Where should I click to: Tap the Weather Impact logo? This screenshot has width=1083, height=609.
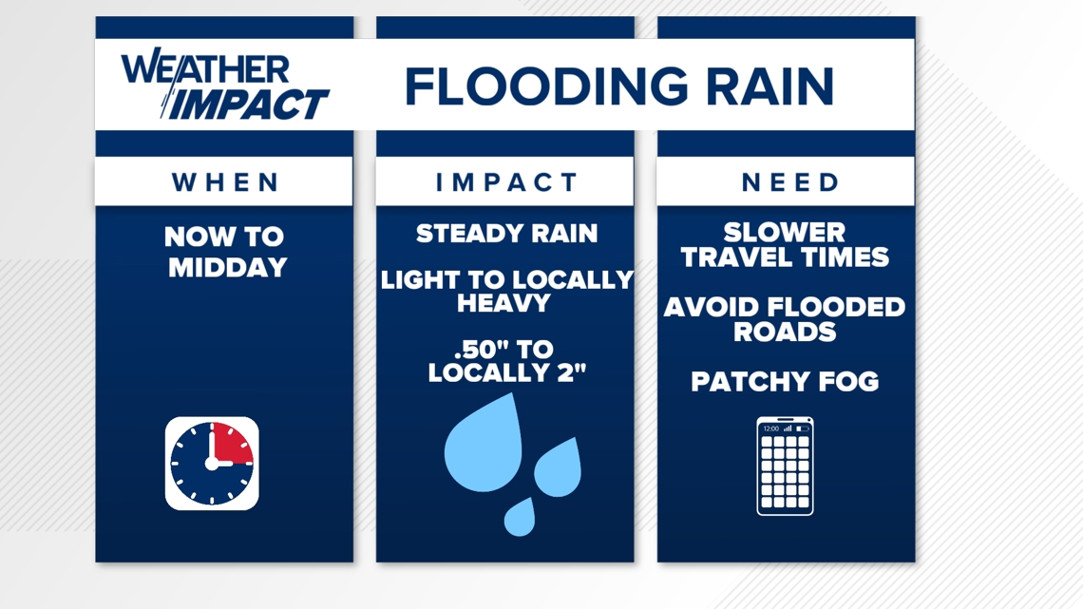(224, 86)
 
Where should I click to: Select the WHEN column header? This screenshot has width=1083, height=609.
(225, 182)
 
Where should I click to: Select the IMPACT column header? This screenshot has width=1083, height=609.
(506, 182)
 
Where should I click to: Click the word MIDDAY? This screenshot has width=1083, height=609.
(227, 268)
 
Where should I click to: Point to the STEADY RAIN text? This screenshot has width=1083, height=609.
(506, 234)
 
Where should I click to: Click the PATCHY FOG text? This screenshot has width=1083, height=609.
(785, 382)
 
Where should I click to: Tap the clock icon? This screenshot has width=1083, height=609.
(212, 464)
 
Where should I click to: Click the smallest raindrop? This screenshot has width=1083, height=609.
(520, 517)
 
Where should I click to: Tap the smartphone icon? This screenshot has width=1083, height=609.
(785, 466)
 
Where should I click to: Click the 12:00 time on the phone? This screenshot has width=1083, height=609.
(770, 428)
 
